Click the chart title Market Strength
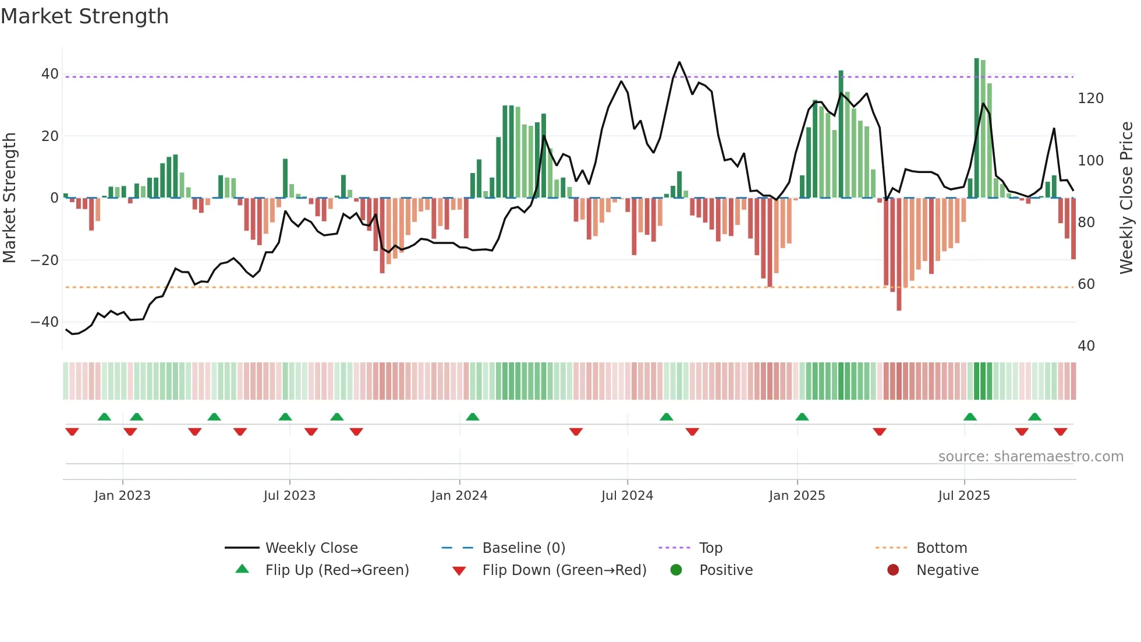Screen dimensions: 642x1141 click(x=84, y=16)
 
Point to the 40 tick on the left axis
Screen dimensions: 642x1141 click(x=49, y=74)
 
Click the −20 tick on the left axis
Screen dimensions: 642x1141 click(x=45, y=260)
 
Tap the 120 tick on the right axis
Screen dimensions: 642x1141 click(x=1090, y=98)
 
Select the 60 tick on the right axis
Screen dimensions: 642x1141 click(x=1086, y=284)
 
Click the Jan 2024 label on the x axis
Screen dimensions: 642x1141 click(x=459, y=496)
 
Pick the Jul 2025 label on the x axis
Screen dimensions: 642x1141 click(x=963, y=496)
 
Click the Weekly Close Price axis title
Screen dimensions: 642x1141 click(x=1126, y=198)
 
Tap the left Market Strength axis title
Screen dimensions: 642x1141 click(x=10, y=198)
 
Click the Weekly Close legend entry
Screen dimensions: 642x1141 click(x=311, y=548)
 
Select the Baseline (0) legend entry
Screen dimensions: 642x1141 click(x=523, y=548)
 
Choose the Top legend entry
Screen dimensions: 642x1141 click(x=710, y=548)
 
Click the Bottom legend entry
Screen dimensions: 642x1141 click(x=941, y=548)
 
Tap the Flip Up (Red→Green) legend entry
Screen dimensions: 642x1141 click(x=336, y=570)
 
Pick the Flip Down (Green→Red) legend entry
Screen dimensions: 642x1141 click(x=564, y=570)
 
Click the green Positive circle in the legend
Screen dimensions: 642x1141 click(x=676, y=570)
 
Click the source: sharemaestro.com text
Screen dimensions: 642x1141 click(x=1030, y=457)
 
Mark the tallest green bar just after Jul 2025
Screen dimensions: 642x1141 click(x=977, y=128)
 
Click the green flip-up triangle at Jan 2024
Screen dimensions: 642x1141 click(x=473, y=417)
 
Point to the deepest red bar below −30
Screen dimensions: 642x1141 click(x=899, y=254)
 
